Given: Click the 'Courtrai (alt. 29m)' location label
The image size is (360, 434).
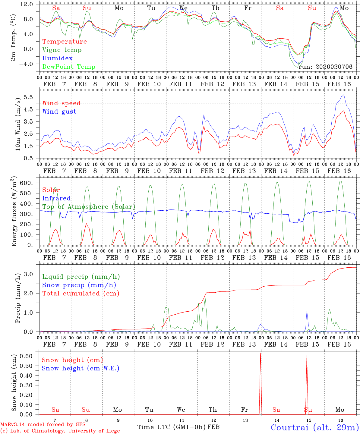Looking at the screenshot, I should [x=314, y=427].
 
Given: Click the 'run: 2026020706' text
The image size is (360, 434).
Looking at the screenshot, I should [x=325, y=67].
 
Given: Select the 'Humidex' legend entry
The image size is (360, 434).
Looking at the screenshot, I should [x=57, y=58].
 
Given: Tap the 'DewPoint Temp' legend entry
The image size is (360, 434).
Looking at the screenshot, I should [x=69, y=67].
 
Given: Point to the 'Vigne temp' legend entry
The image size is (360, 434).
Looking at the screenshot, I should [x=62, y=50].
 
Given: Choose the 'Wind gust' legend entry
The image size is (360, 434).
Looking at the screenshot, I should [x=59, y=112].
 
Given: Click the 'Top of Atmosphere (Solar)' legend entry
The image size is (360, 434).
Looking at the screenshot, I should [x=89, y=207].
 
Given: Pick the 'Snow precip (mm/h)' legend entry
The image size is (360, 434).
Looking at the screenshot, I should [x=79, y=285].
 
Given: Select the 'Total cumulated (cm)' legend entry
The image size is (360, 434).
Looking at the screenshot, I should [x=81, y=294].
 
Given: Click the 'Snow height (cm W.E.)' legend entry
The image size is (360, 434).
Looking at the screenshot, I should [x=81, y=368].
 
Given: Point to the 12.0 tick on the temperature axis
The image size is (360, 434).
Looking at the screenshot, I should [x=30, y=4].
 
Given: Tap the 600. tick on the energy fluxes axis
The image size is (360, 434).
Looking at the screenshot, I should [x=30, y=183].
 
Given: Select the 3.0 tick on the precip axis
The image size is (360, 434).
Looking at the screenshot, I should [x=32, y=274].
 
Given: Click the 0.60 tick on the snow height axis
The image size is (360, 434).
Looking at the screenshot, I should [x=30, y=356].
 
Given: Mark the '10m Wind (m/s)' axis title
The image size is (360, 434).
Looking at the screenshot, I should [x=18, y=124].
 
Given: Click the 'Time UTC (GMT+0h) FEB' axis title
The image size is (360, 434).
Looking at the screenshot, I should [x=178, y=427].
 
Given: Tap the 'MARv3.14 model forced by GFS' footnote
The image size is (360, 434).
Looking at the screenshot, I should [x=43, y=425].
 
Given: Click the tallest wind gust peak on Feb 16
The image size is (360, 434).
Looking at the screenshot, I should [x=344, y=95].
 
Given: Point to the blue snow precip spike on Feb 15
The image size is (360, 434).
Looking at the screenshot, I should [x=307, y=311].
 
